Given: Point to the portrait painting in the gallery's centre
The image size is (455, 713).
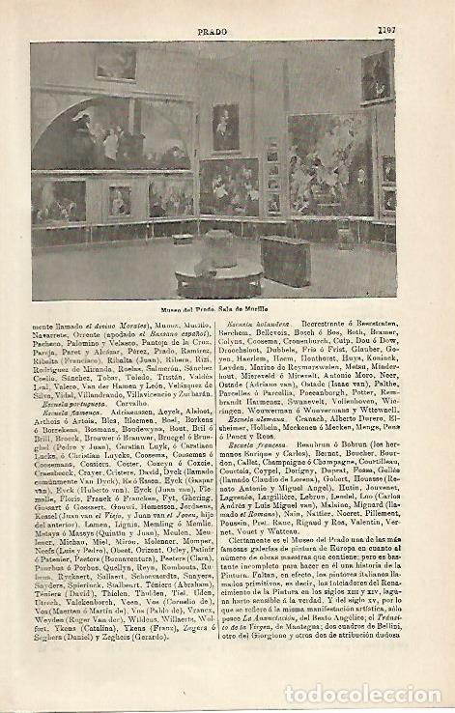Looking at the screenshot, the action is click(226, 128).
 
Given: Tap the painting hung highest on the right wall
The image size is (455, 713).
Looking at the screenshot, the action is click(376, 77).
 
